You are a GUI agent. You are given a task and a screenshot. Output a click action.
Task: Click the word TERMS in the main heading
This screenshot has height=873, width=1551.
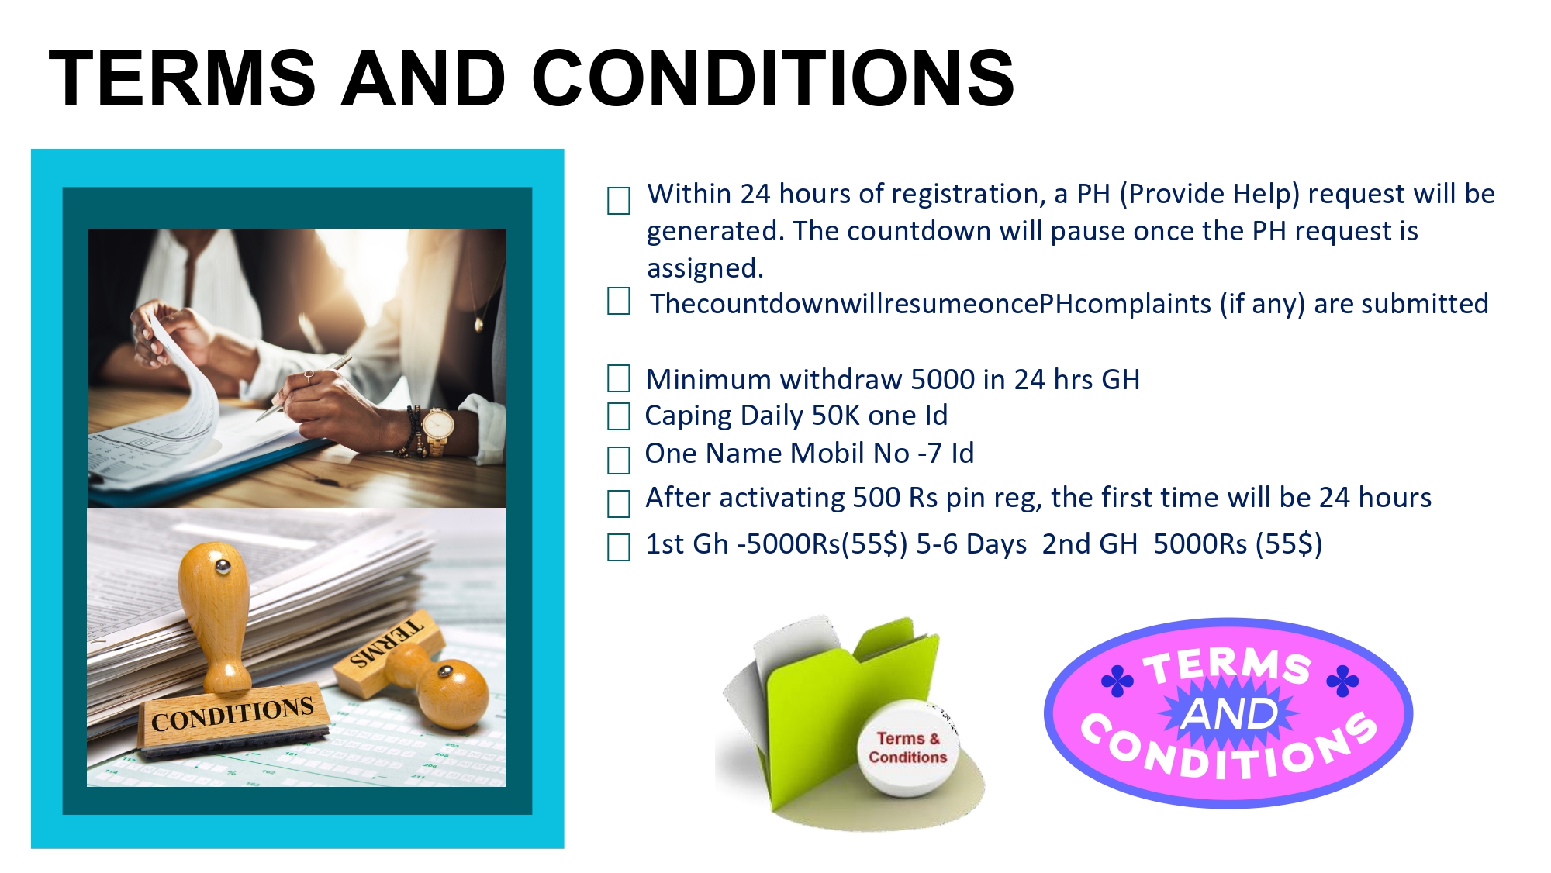182,78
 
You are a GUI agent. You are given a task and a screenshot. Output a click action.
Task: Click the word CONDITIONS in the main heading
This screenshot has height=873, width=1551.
773,78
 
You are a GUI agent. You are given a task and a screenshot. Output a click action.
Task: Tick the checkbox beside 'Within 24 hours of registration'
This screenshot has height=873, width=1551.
618,201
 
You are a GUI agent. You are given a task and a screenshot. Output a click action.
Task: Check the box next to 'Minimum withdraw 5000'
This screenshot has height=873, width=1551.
618,378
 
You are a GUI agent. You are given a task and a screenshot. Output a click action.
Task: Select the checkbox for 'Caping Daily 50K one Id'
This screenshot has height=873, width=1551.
618,416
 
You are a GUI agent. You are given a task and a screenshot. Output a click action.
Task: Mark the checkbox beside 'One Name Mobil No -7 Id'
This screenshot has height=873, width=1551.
618,460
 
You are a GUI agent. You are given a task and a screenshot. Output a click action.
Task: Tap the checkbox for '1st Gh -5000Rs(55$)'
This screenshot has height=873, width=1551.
618,547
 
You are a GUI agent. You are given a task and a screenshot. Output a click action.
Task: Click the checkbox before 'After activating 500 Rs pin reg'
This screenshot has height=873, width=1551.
618,503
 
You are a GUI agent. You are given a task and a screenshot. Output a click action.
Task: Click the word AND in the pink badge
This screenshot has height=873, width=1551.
1229,713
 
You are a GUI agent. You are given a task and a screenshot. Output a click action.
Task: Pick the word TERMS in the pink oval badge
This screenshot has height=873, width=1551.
1228,666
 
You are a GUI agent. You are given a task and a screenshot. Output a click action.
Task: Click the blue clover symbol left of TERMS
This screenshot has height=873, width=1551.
1117,681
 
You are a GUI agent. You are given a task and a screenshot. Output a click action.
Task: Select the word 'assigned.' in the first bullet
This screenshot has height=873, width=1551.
706,269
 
